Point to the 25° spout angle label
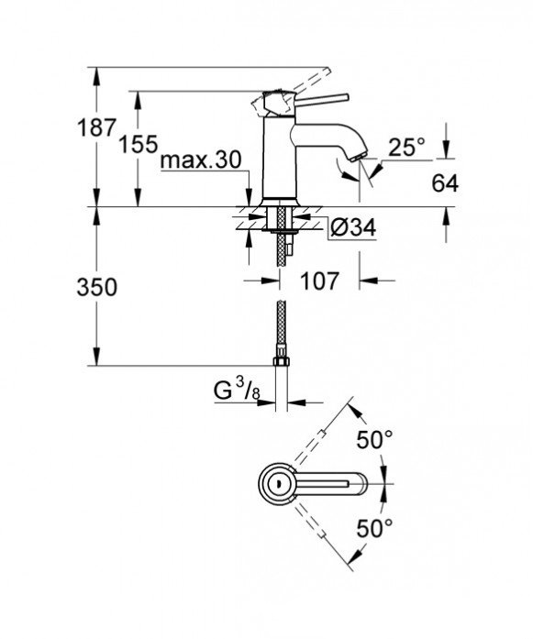406,147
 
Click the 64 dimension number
444,183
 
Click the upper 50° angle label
375,440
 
